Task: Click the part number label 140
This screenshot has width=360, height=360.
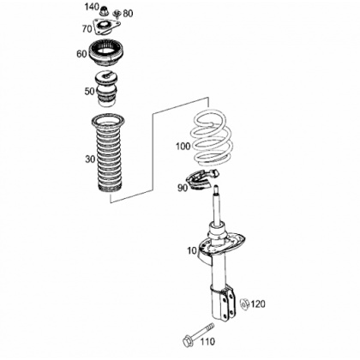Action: pos(92,7)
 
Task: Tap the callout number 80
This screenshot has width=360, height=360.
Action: pos(128,14)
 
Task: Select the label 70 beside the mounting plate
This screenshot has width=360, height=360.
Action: pos(87,28)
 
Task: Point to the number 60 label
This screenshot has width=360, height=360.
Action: pos(81,54)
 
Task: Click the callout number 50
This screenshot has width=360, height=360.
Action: pos(89,92)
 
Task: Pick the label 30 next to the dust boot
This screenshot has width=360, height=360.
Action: pos(90,159)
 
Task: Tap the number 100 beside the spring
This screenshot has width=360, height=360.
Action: pos(183,147)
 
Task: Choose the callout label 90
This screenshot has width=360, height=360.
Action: pos(183,188)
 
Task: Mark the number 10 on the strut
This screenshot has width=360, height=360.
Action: pos(192,251)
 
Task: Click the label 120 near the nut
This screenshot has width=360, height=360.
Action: pos(258,304)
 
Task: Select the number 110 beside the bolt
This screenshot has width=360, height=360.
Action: pos(207,341)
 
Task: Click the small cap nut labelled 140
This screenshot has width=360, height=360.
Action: pos(104,12)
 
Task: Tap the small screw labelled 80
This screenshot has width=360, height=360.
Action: pos(117,14)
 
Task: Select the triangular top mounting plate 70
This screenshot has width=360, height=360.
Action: pos(105,27)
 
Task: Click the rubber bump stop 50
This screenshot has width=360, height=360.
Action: pos(106,89)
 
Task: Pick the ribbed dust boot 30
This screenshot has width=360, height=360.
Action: pos(107,153)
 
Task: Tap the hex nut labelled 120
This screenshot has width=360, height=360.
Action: pos(244,303)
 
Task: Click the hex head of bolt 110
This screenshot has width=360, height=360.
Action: pos(188,340)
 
